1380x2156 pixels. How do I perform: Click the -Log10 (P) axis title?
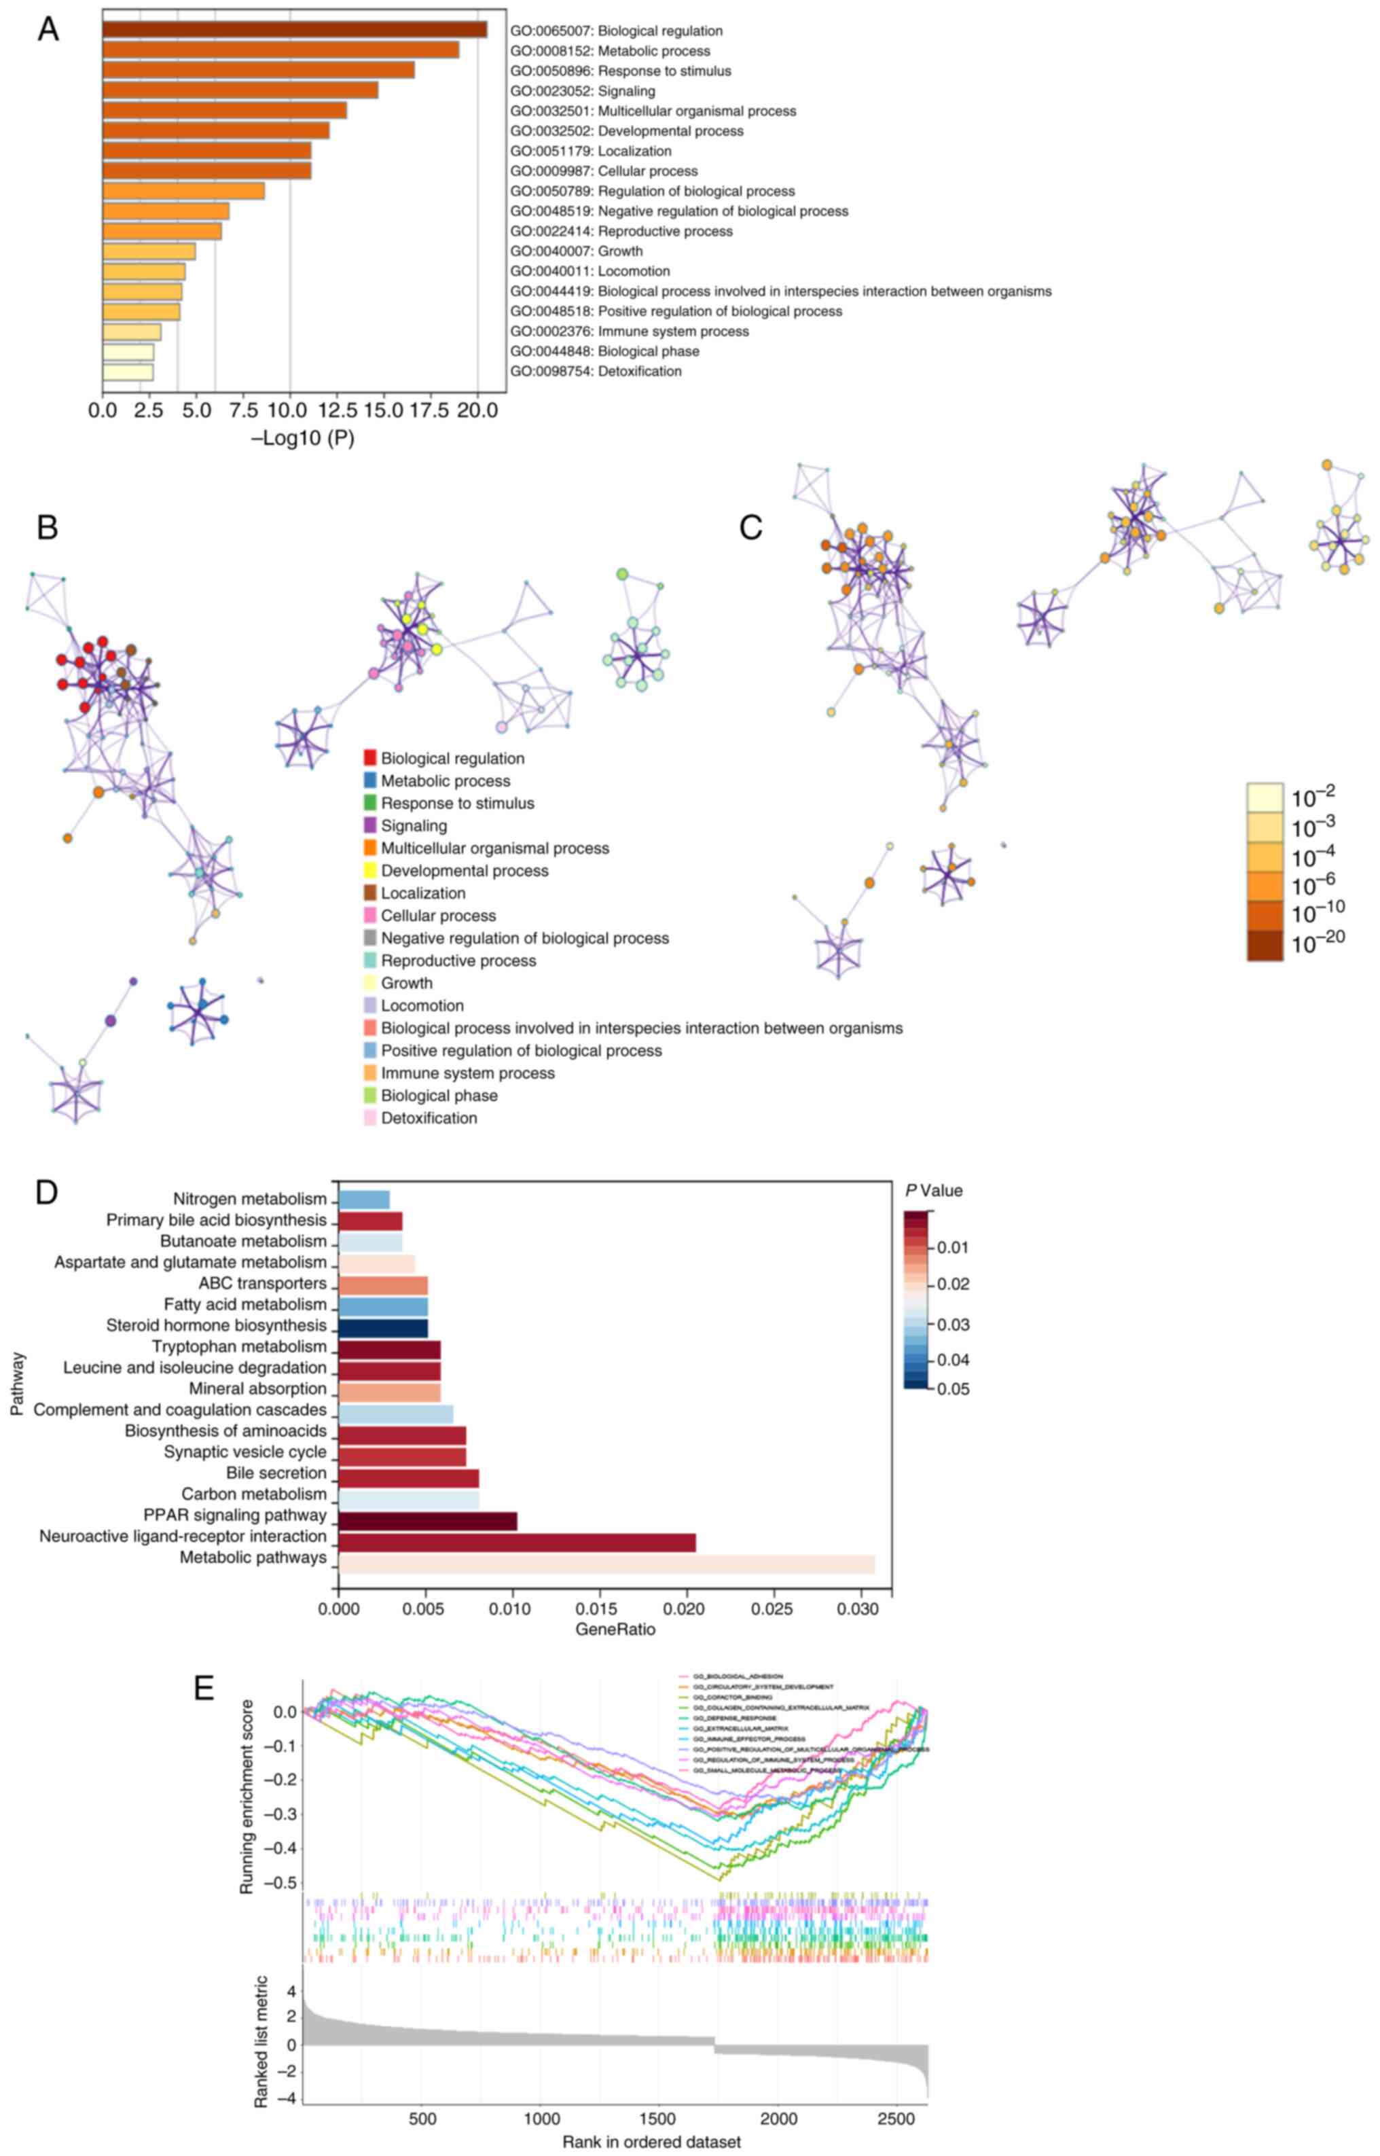coord(303,438)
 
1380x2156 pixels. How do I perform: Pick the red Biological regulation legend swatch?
coord(370,758)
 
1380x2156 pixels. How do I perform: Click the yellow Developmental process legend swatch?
coord(370,871)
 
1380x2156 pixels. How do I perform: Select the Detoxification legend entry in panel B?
coord(429,1118)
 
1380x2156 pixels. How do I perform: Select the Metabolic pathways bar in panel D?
coord(606,1564)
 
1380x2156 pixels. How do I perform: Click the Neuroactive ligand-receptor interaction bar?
coord(517,1542)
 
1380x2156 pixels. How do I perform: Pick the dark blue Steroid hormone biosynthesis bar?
coord(382,1326)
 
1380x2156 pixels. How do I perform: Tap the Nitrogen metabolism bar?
coord(364,1199)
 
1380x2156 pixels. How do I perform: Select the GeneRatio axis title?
coord(615,1629)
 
